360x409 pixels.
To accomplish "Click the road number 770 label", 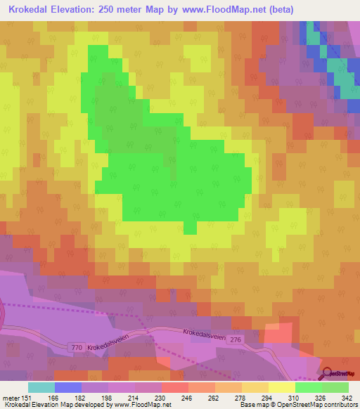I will point(77,346).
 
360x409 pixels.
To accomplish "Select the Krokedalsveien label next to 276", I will point(206,335).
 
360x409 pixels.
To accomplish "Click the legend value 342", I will point(347,397).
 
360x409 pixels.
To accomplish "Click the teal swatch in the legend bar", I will point(41,387).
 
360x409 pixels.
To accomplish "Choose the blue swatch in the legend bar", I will point(67,387).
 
